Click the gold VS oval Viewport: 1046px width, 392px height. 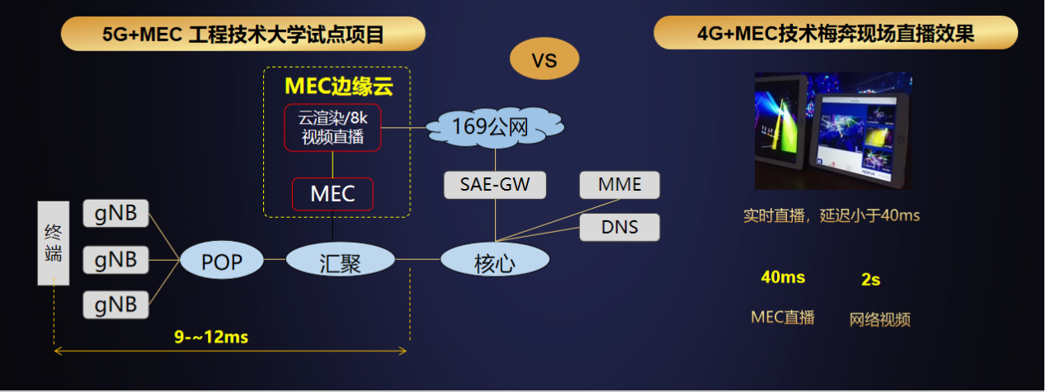click(x=544, y=59)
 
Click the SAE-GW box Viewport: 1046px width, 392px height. click(x=495, y=184)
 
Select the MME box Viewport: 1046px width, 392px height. click(x=620, y=184)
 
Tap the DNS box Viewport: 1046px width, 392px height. click(x=620, y=226)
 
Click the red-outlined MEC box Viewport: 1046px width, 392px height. click(x=332, y=194)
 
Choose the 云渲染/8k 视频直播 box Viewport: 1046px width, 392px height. click(x=332, y=127)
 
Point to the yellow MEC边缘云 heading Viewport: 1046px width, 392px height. click(x=336, y=86)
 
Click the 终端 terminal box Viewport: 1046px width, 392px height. click(x=54, y=243)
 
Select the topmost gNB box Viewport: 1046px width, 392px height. click(x=115, y=215)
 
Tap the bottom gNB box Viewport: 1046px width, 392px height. click(x=115, y=305)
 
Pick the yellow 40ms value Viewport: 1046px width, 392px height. click(x=783, y=277)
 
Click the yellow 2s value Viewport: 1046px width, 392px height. click(x=870, y=279)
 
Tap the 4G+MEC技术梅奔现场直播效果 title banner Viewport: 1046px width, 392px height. click(x=835, y=34)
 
